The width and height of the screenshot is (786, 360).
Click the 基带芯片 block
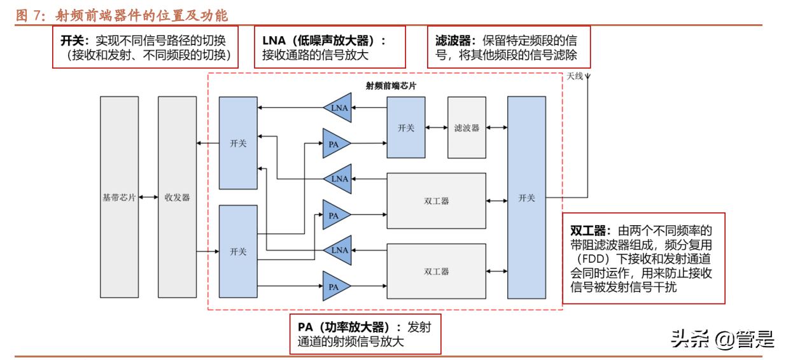119,197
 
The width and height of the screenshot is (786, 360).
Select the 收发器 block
177,197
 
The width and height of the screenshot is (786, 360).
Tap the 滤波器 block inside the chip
467,128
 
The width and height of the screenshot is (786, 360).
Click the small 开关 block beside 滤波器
406,128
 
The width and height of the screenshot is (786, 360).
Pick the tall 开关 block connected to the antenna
526,198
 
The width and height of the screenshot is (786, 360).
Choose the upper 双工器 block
437,201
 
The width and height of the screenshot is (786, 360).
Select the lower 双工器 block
437,272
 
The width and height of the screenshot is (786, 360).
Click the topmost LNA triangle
338,107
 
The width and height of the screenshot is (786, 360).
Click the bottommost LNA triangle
338,250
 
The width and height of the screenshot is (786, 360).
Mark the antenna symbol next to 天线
587,80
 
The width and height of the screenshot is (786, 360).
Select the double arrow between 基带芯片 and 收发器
148,197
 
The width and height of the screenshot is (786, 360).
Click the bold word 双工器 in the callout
590,230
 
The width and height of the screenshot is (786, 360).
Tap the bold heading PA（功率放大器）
342,327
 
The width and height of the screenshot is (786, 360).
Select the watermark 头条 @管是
722,339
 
